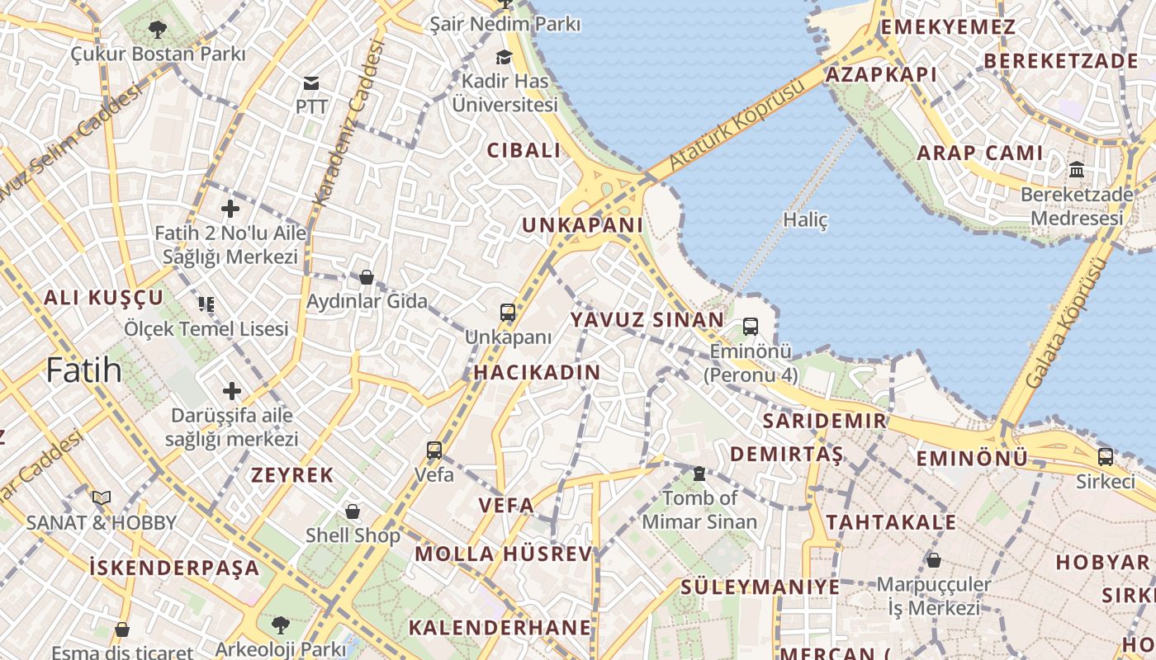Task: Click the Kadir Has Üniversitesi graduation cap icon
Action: click(x=504, y=57)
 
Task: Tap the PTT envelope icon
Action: click(x=311, y=82)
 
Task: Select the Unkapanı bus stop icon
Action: click(x=508, y=313)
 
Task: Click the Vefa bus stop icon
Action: click(x=434, y=450)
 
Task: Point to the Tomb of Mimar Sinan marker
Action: click(x=699, y=474)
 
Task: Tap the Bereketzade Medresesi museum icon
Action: click(x=1077, y=170)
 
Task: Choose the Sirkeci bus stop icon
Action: click(x=1106, y=456)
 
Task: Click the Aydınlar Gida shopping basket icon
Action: click(x=367, y=277)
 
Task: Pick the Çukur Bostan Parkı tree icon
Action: click(x=158, y=31)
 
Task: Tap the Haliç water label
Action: click(x=804, y=220)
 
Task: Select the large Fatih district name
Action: click(x=84, y=370)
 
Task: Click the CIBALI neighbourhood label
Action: click(x=524, y=151)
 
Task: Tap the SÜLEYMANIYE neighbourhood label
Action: click(x=760, y=587)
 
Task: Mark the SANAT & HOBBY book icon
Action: click(x=102, y=498)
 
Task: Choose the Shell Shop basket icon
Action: click(x=353, y=511)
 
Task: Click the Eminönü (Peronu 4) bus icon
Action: click(x=751, y=327)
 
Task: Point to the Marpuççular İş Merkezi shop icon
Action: click(x=933, y=560)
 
